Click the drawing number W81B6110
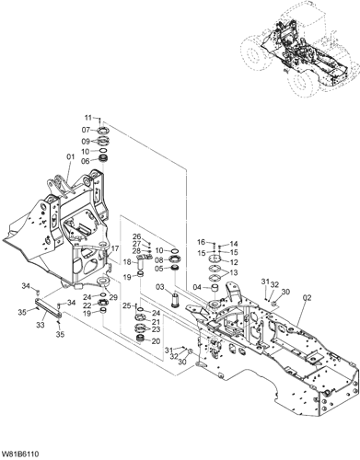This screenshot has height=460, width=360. click(20, 454)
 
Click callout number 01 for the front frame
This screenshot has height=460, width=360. click(71, 156)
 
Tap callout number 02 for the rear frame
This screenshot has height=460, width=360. click(307, 297)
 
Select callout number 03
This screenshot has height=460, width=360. click(160, 287)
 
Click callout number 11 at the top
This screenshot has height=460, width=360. click(88, 118)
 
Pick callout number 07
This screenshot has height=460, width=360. click(86, 130)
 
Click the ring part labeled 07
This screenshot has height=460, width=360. click(102, 130)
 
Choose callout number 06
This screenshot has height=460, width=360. click(86, 160)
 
